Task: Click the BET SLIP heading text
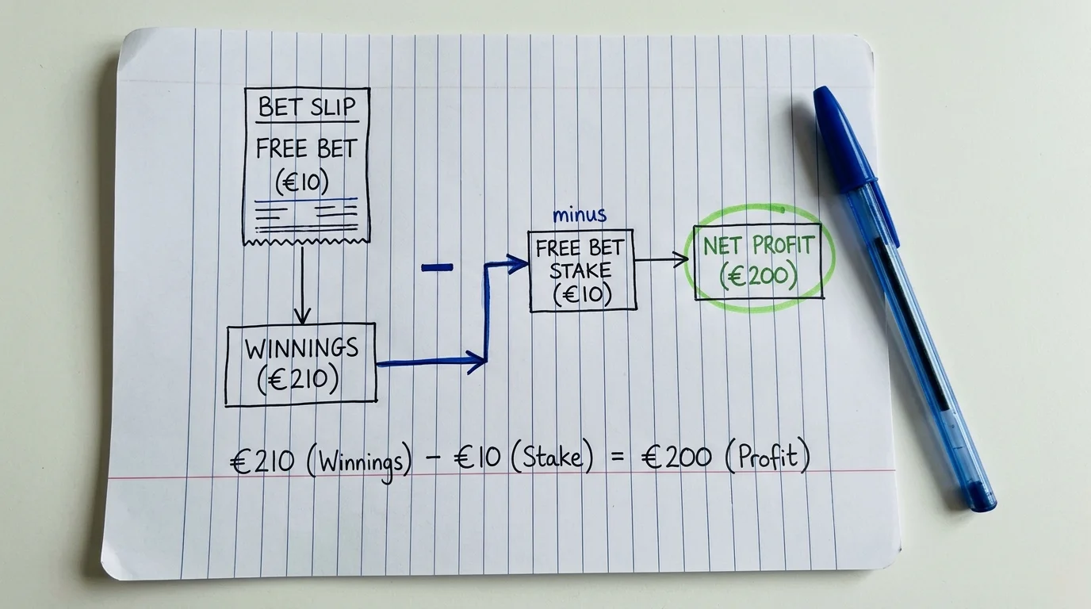click(x=307, y=107)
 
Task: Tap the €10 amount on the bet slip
click(x=302, y=182)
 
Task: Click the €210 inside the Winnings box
click(x=298, y=380)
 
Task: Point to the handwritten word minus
click(x=580, y=215)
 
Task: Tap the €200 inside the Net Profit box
click(x=758, y=277)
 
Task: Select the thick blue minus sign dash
click(x=437, y=267)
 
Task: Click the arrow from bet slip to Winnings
click(x=302, y=285)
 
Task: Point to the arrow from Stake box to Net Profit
click(x=661, y=259)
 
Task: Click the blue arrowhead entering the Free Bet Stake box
click(x=517, y=264)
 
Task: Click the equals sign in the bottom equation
click(x=617, y=458)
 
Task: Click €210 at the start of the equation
click(x=262, y=461)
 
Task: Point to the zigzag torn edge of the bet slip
click(x=306, y=242)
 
